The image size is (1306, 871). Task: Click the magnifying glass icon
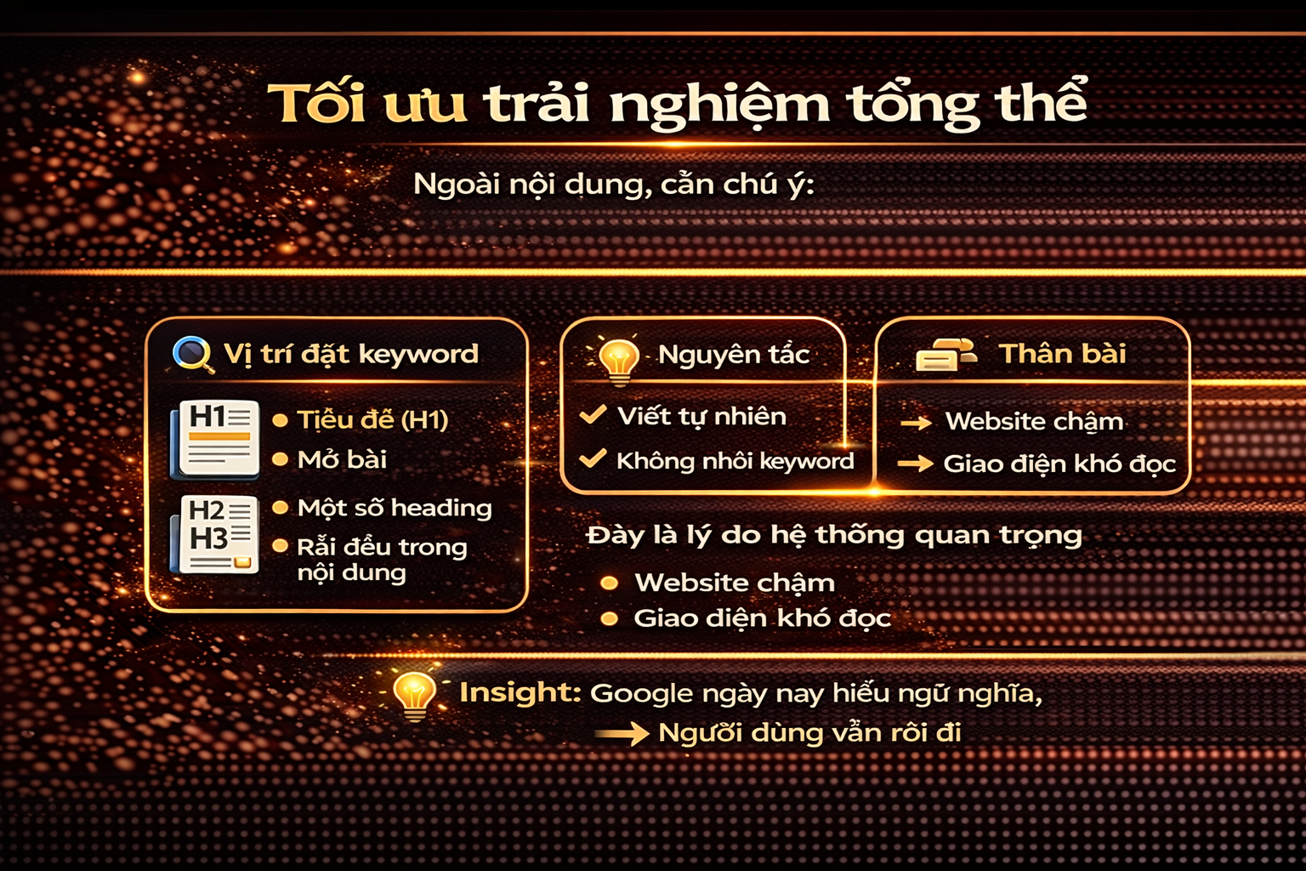193,354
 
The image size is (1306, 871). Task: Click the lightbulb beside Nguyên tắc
618,358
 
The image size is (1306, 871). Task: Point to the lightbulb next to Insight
414,694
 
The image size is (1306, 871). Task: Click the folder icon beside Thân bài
945,355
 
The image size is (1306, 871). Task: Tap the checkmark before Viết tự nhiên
593,415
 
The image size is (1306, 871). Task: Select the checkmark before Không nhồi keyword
593,459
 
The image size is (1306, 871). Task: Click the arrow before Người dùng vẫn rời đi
622,733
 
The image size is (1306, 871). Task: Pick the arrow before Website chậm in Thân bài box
916,422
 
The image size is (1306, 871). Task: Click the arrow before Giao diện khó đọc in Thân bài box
915,464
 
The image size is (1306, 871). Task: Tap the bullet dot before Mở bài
280,460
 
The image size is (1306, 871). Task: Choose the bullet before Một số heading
280,508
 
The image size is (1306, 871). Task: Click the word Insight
520,692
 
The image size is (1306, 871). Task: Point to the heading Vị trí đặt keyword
350,354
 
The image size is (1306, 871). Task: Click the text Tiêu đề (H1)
372,419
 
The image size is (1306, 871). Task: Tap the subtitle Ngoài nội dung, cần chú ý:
613,184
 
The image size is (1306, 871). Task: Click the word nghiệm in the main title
719,105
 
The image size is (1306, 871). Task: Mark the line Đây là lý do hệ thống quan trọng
834,535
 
